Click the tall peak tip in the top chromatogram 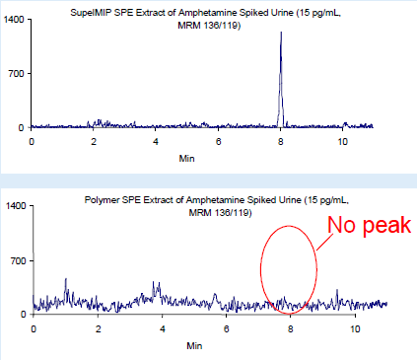coord(281,33)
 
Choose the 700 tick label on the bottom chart coord(17,260)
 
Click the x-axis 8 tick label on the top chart coord(281,142)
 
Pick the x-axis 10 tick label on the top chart coord(343,142)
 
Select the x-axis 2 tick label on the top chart coord(94,142)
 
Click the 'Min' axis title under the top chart coord(186,158)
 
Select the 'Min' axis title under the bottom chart coord(194,345)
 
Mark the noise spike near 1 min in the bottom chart coord(65,280)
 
